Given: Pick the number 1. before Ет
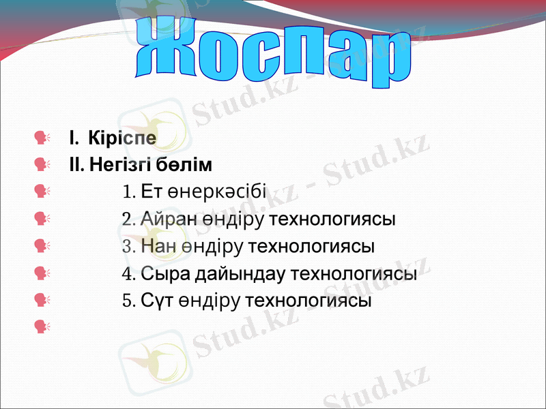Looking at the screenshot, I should pyautogui.click(x=128, y=192).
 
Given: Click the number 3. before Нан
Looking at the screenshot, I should pyautogui.click(x=128, y=247).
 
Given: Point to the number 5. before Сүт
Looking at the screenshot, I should pyautogui.click(x=128, y=301).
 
